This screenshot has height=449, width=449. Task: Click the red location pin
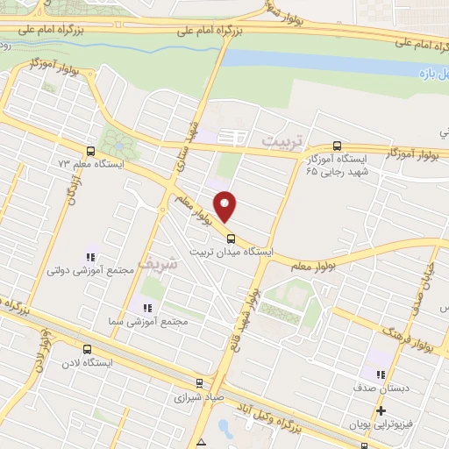[x=225, y=205]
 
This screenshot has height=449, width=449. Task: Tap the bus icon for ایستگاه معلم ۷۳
[x=89, y=150]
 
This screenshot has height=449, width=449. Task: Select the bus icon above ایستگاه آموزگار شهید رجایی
[x=339, y=146]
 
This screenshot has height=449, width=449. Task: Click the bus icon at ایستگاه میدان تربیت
[x=231, y=237]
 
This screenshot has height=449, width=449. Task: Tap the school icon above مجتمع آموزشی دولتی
[x=89, y=257]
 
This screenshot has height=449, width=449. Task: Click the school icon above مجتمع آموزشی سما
[x=147, y=308]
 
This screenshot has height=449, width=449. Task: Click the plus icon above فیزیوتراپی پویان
[x=381, y=410]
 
